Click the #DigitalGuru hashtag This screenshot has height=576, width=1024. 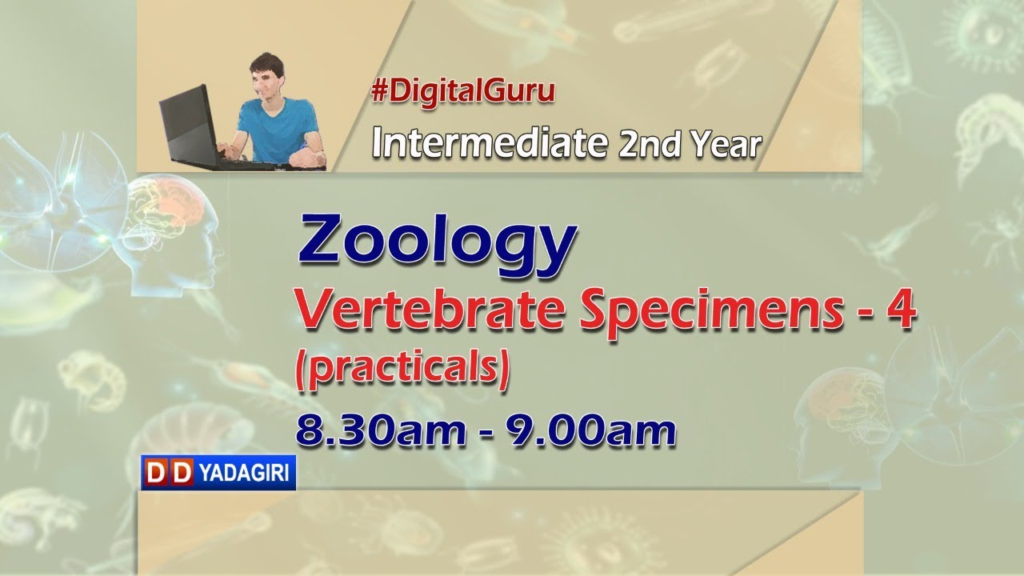[462, 92]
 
